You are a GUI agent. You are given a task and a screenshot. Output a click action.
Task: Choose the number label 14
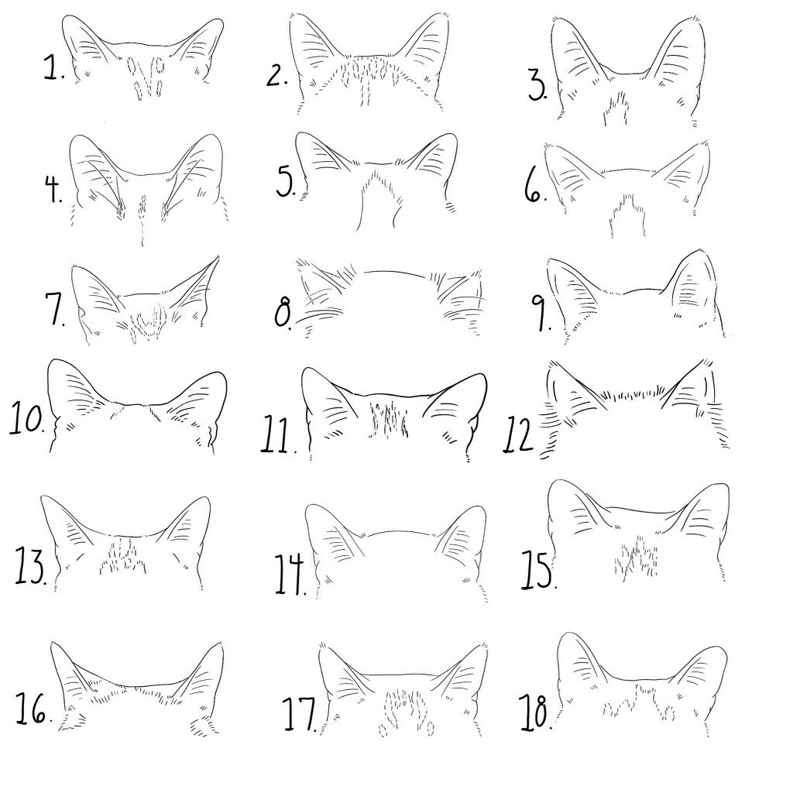(290, 574)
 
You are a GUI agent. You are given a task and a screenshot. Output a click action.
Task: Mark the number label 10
(27, 421)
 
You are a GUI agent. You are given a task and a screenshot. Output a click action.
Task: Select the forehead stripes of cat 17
(406, 709)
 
